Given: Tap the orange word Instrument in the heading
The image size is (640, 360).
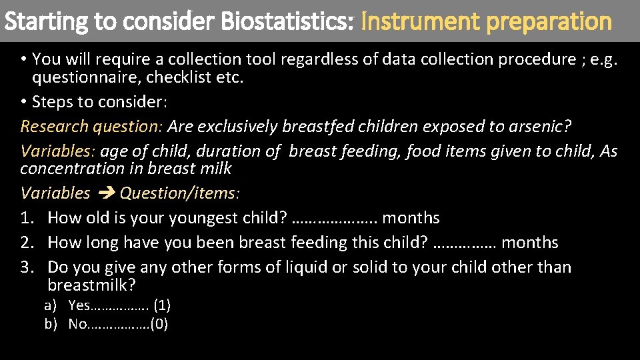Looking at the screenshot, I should [419, 21].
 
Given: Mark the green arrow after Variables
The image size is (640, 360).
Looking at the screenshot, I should [105, 193].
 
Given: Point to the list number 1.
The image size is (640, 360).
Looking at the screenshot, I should [27, 218].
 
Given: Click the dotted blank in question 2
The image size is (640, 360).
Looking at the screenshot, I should [465, 243].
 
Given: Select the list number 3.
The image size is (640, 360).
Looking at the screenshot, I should [27, 267].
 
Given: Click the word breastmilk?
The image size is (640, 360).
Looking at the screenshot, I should [91, 286].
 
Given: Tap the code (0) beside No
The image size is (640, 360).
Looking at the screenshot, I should [159, 325].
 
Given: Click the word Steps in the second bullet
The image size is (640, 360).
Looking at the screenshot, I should [52, 102].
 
